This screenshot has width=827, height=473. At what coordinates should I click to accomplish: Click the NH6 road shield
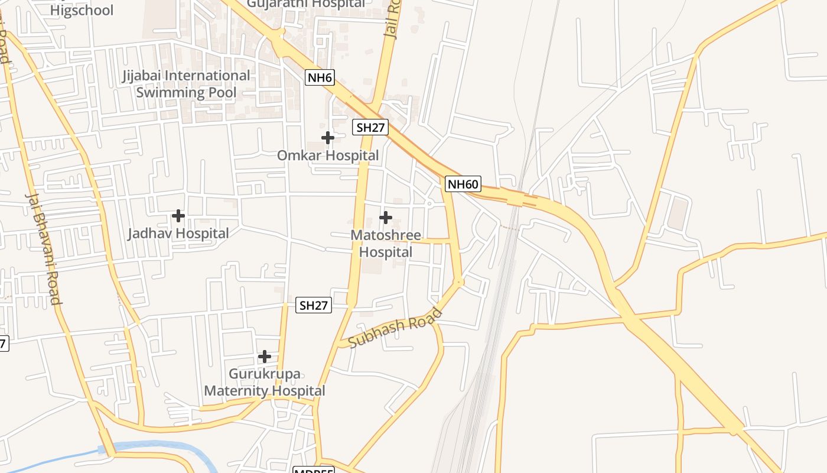coord(320,77)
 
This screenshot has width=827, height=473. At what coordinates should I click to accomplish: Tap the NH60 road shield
coord(463,184)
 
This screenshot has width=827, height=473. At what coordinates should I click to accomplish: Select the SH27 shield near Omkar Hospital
coord(370,127)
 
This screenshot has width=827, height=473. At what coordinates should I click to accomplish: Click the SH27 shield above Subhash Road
coord(313,306)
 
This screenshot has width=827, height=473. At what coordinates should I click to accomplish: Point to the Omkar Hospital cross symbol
coord(328,138)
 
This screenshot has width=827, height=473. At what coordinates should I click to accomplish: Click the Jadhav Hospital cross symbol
coord(178,216)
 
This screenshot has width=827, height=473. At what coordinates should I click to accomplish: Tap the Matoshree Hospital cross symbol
coord(386,218)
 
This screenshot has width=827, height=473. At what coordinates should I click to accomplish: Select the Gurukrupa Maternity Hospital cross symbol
coord(265,357)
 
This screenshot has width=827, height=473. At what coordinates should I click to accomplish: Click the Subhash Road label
coord(395,328)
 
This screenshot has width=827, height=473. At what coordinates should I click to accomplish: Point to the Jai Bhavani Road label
coord(43,248)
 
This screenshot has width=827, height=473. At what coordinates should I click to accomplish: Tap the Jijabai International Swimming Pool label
coord(186,84)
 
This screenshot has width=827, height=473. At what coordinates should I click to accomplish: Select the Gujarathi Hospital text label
coord(305,4)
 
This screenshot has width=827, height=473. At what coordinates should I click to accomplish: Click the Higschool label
coord(82,10)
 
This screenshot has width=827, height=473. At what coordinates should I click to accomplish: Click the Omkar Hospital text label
coord(328,155)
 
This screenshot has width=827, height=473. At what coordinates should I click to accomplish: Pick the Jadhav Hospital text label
coord(178,234)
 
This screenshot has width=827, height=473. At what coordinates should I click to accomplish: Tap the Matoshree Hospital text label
coord(386,244)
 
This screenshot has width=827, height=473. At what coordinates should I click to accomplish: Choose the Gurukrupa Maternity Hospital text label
coord(265,383)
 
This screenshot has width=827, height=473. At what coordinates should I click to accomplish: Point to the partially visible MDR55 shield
coord(314,470)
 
